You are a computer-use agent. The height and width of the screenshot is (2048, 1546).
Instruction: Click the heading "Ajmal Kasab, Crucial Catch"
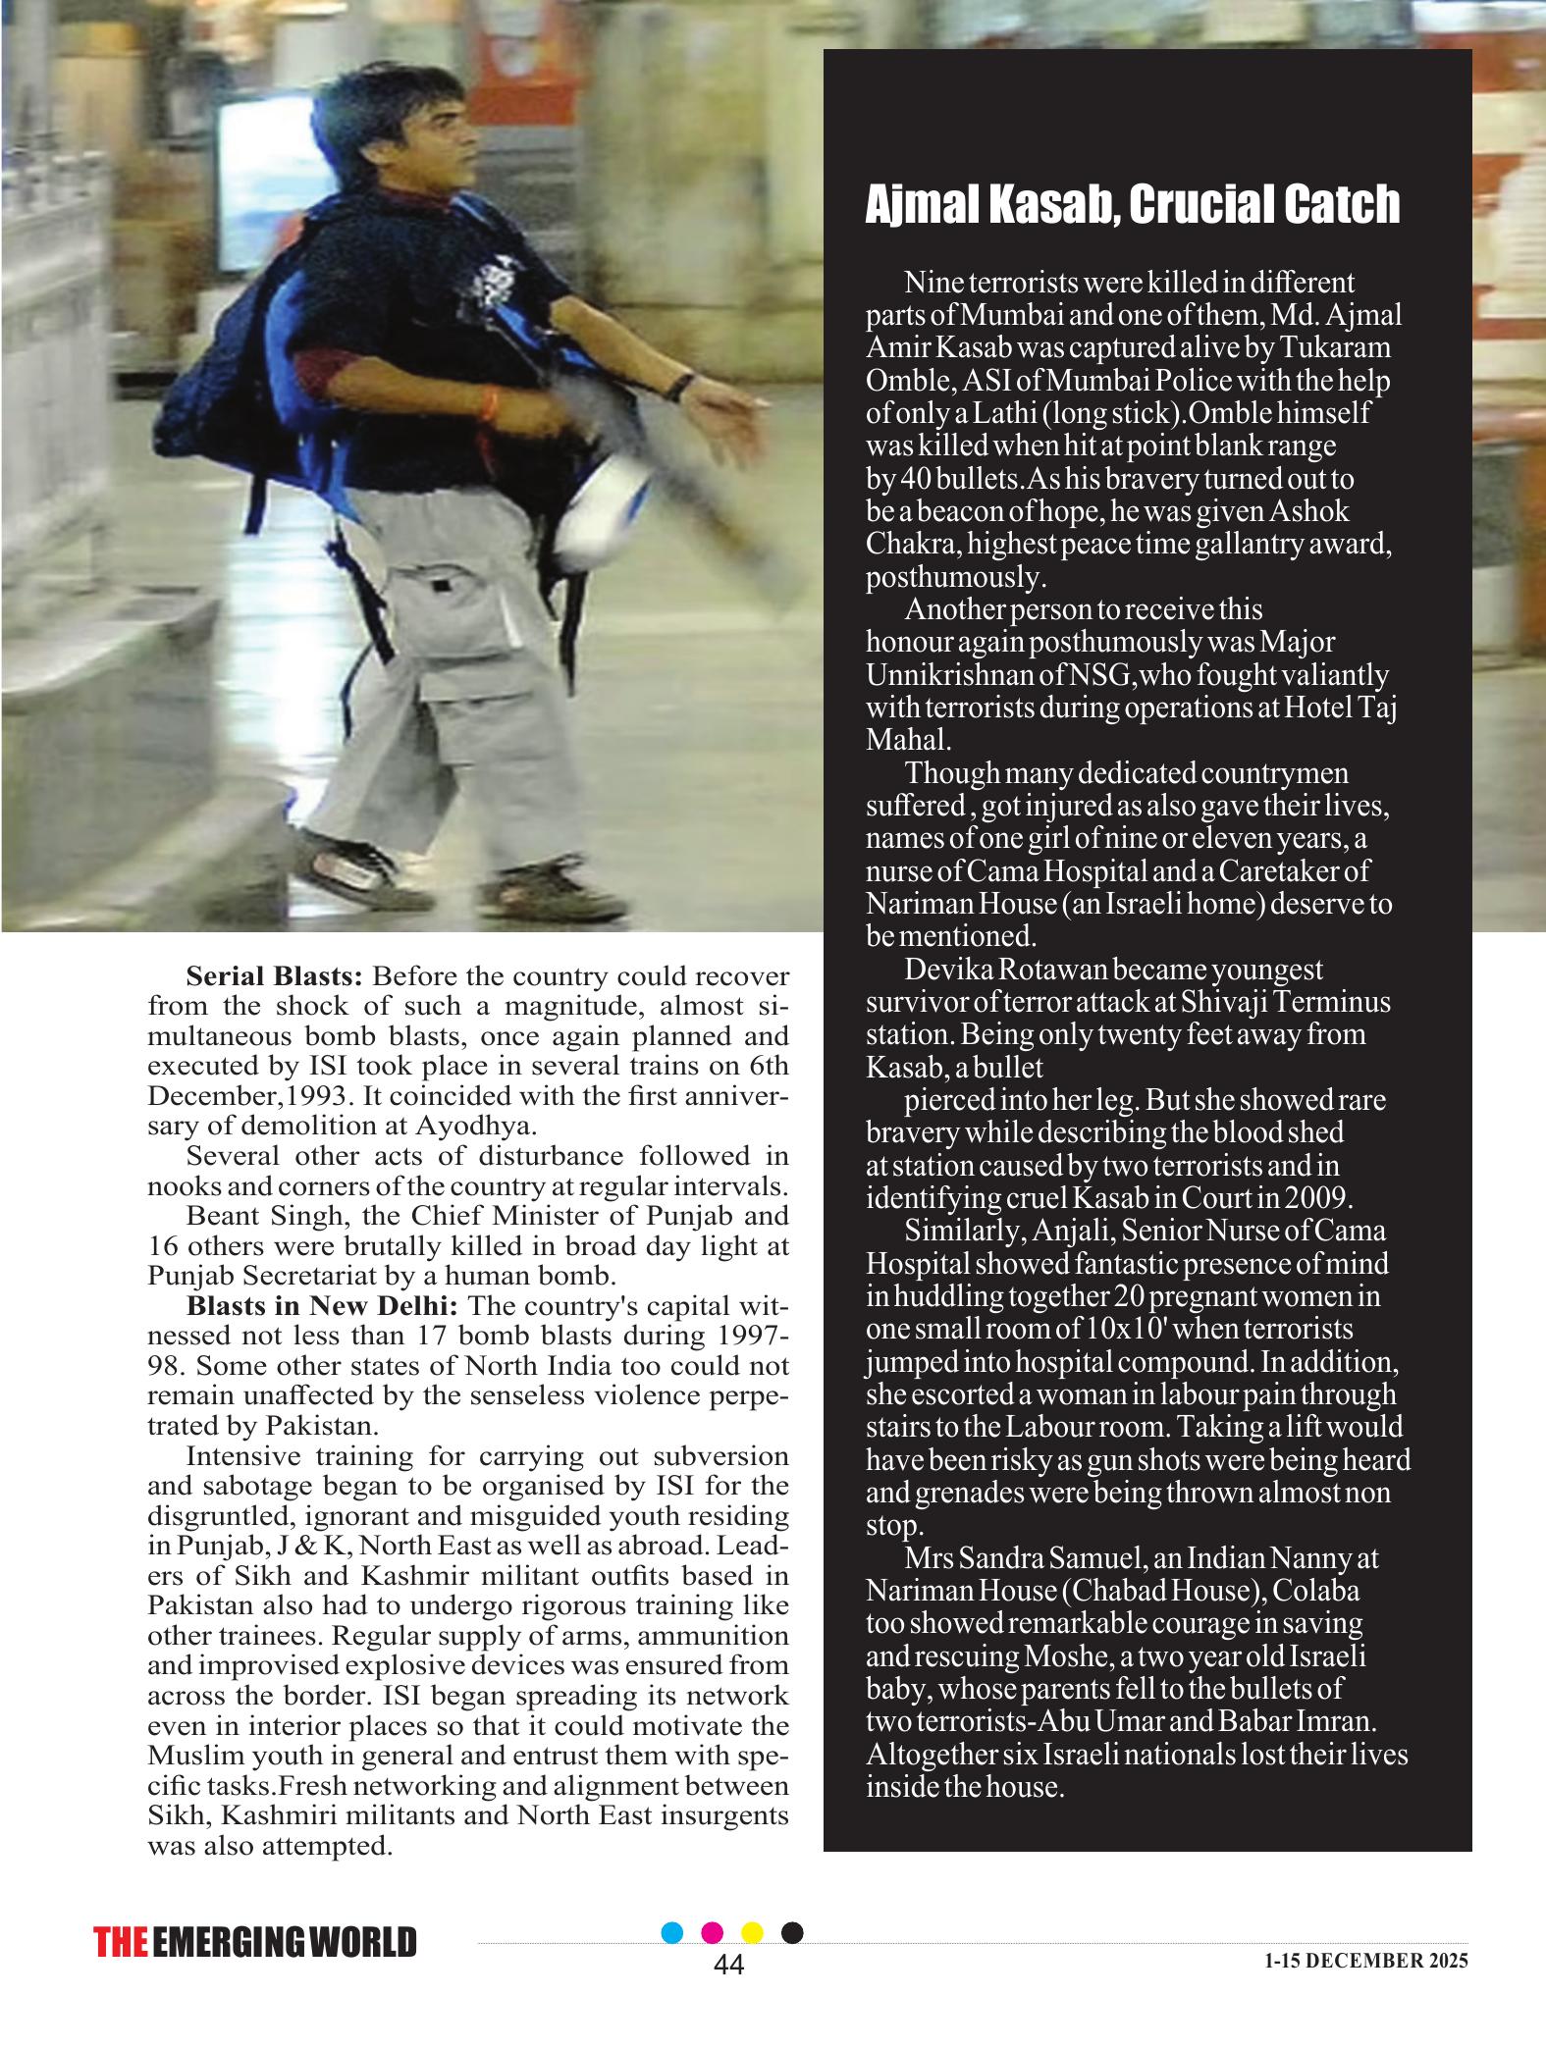coord(1132,204)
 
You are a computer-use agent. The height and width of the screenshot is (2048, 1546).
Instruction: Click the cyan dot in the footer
coord(672,1932)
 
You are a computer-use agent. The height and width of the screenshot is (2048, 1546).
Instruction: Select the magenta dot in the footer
coord(714,1932)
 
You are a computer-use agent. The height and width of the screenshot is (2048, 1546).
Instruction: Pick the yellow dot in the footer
coord(753,1932)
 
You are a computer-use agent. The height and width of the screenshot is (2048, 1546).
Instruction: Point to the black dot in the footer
coord(792,1932)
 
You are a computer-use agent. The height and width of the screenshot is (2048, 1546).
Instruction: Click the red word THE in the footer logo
coord(121,1943)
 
